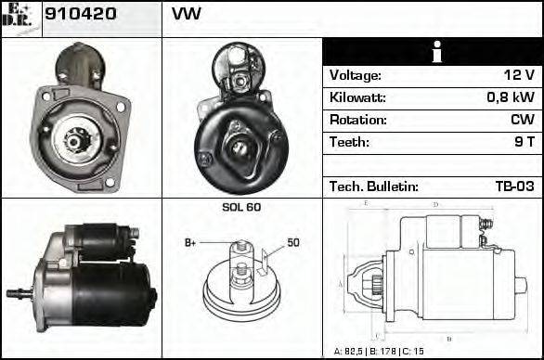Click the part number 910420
pos(81,14)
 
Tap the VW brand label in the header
pos(187,14)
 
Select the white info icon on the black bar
pos(437,52)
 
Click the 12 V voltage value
pos(519,75)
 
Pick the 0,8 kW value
pos(511,97)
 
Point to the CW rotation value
pos(523,120)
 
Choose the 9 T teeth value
pos(525,142)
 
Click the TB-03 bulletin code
pos(514,186)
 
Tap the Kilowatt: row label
pos(357,97)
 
